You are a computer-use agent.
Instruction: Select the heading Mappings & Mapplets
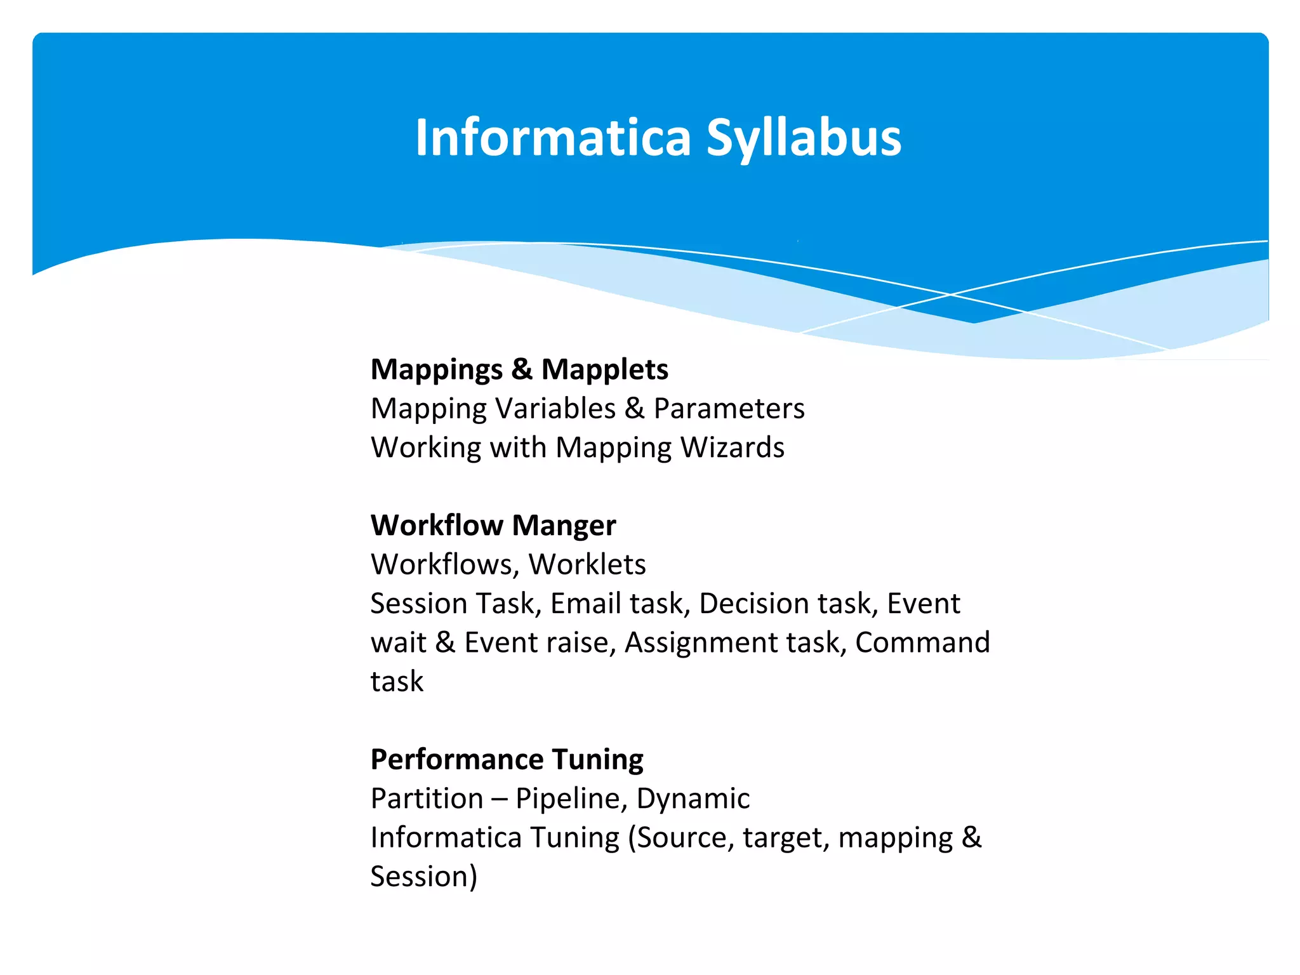click(x=519, y=369)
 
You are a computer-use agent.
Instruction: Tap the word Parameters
click(x=729, y=408)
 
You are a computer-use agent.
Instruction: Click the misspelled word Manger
click(x=564, y=526)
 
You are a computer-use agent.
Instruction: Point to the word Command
click(x=922, y=642)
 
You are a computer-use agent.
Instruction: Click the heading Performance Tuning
click(x=507, y=759)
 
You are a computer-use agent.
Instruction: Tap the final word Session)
click(x=423, y=877)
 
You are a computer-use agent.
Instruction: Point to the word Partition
click(x=427, y=799)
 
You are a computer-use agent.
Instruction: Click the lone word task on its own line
click(x=397, y=682)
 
